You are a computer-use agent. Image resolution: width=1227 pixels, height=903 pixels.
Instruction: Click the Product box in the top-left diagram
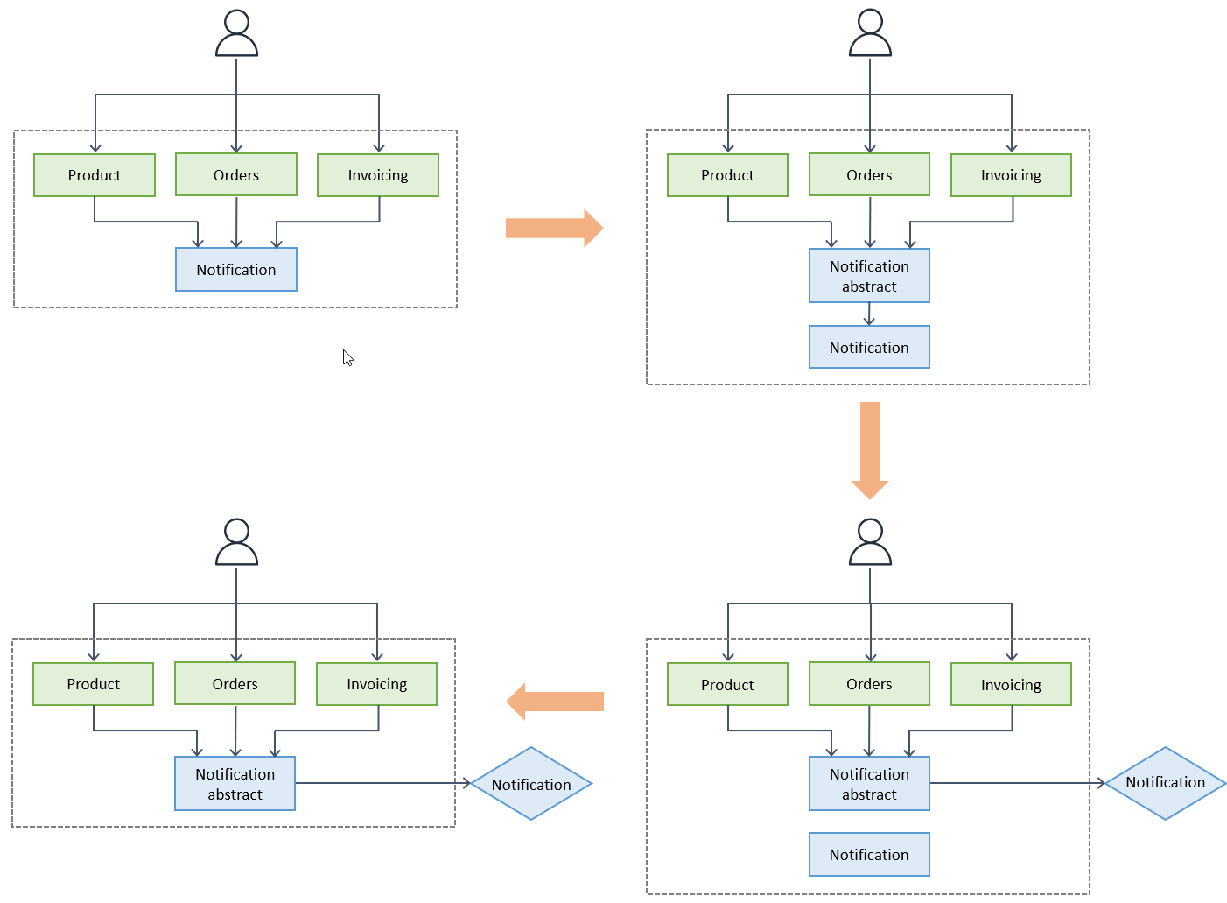coord(95,175)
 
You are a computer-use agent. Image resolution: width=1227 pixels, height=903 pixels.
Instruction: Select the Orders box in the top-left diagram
coord(236,175)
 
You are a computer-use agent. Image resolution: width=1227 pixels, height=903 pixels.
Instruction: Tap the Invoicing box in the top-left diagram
coord(378,175)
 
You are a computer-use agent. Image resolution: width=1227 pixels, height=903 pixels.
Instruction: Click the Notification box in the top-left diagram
coord(236,270)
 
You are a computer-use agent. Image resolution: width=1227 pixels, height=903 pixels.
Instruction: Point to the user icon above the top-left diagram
coord(236,34)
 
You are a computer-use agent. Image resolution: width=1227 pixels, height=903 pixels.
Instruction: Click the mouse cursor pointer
coord(347,357)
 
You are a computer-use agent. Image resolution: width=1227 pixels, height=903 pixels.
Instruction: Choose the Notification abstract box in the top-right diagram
coord(869,276)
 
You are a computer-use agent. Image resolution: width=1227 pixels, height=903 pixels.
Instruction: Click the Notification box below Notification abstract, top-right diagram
coord(869,348)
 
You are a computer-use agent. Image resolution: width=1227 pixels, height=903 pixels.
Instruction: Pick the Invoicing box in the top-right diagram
coord(1011,175)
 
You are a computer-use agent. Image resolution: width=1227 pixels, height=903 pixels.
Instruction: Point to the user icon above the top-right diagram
coord(870,34)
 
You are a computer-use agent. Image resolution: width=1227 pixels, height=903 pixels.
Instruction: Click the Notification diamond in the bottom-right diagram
coord(1165,783)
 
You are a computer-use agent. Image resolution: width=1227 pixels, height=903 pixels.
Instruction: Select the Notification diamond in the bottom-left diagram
coord(531,784)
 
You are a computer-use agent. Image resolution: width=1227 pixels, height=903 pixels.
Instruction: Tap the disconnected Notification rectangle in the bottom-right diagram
coord(869,855)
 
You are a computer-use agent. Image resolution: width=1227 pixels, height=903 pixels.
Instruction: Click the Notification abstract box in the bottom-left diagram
coord(235,784)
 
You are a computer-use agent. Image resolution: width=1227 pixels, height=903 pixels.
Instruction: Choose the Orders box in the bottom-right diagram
coord(869,684)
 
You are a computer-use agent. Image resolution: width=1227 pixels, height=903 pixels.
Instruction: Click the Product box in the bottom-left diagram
coord(94,684)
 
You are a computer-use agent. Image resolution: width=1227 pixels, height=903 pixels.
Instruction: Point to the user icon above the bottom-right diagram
coord(870,543)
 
